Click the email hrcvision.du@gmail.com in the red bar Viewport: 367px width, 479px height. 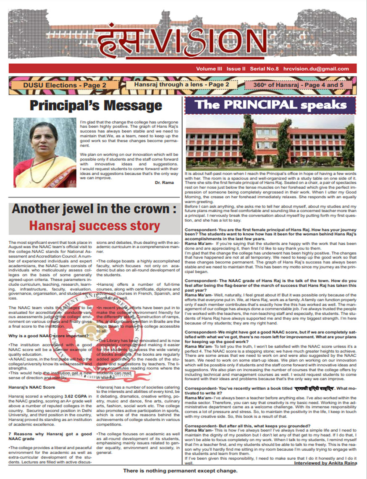tap(322, 69)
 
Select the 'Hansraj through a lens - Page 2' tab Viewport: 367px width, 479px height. tap(181, 84)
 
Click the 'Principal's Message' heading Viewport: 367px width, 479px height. tap(96, 105)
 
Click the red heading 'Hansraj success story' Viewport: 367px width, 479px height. tap(94, 226)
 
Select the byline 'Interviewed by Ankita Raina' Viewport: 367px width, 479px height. tap(325, 463)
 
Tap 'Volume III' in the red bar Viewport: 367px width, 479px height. tap(209, 69)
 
